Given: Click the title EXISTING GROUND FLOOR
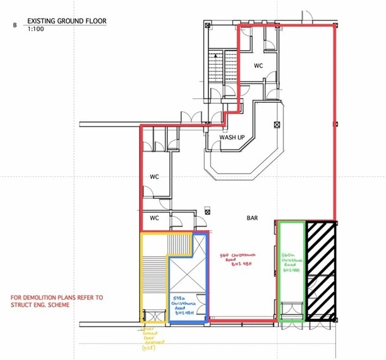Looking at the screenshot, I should (67, 21).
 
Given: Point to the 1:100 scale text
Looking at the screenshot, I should (35, 29).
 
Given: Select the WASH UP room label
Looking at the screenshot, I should (232, 138).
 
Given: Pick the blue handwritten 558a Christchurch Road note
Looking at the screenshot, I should (187, 305).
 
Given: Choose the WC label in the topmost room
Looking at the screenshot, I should (259, 64).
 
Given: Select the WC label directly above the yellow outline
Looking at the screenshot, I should (154, 218).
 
